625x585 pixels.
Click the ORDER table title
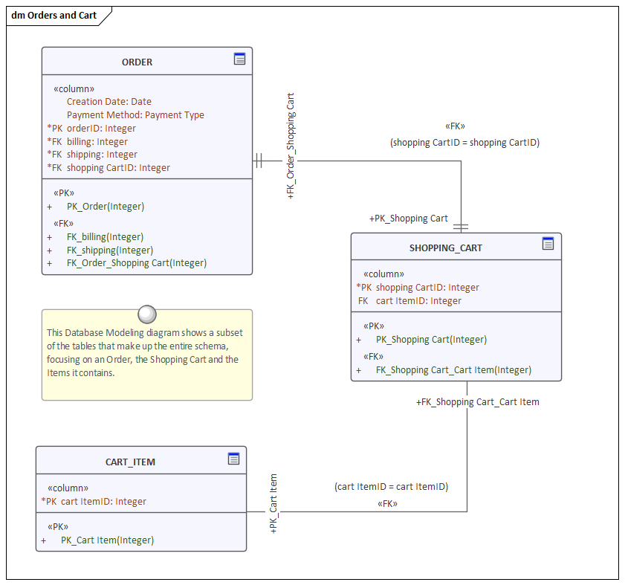[x=137, y=62]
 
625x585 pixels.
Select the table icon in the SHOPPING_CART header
[x=548, y=243]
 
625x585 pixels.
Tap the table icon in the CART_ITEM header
[x=233, y=459]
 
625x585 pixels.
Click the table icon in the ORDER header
[x=239, y=59]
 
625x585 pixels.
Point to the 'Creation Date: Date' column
[x=109, y=102]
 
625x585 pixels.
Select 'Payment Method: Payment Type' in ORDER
[x=135, y=115]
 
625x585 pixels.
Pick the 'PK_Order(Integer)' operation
[x=105, y=207]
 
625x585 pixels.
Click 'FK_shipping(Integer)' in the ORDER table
[x=110, y=251]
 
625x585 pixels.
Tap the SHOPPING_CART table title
[x=445, y=248]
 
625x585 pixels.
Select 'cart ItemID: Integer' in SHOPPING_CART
[x=418, y=301]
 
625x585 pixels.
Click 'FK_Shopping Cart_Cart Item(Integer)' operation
[x=453, y=370]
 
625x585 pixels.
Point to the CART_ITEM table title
[x=130, y=462]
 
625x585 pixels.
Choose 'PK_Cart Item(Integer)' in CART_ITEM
[x=107, y=540]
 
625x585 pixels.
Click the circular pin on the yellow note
[x=147, y=314]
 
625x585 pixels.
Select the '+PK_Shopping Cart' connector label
[x=408, y=219]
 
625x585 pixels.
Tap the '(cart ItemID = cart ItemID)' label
[x=391, y=487]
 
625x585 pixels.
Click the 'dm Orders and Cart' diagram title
[x=54, y=15]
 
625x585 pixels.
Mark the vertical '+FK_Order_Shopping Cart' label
[x=291, y=146]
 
